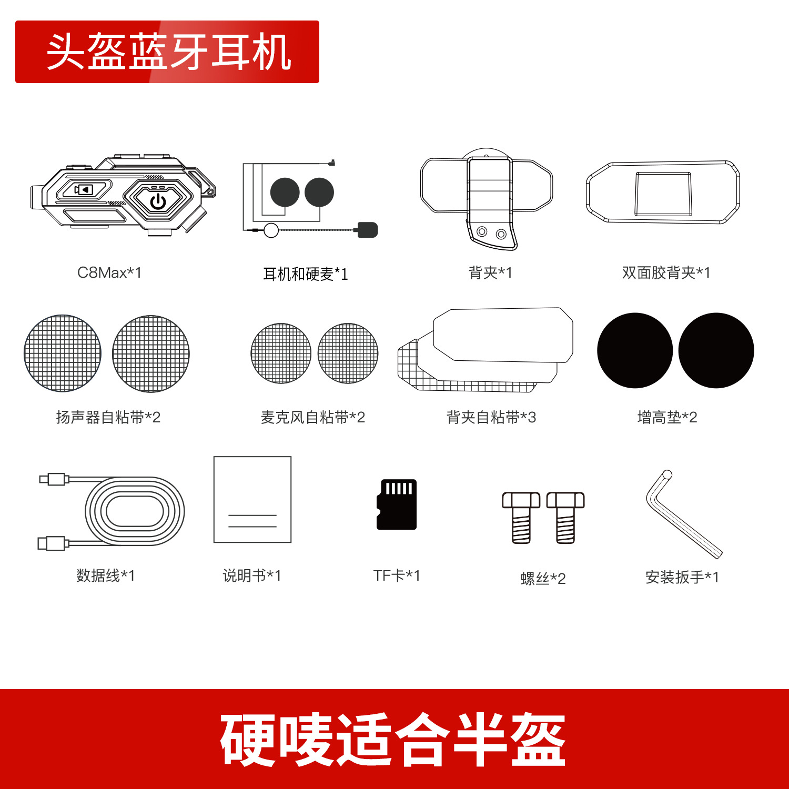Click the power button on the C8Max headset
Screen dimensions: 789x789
point(158,201)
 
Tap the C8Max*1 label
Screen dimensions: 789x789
point(109,272)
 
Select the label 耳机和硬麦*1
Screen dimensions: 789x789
point(306,274)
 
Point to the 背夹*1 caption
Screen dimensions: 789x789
point(490,272)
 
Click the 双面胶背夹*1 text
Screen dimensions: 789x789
point(666,272)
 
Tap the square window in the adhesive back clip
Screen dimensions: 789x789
point(663,194)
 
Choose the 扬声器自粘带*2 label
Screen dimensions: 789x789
point(108,418)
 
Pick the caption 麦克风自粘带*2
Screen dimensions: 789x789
point(312,418)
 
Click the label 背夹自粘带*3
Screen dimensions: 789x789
point(491,418)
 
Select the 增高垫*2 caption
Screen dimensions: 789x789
point(667,418)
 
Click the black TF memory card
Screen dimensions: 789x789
point(397,504)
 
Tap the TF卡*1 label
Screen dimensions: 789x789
point(397,576)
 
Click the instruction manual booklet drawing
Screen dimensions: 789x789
point(252,499)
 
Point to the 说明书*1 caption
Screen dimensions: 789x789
point(252,576)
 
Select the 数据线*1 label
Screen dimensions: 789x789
point(106,576)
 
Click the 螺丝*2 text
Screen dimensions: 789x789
point(543,579)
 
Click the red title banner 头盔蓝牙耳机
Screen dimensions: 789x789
point(167,52)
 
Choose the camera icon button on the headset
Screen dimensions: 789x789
point(84,189)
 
